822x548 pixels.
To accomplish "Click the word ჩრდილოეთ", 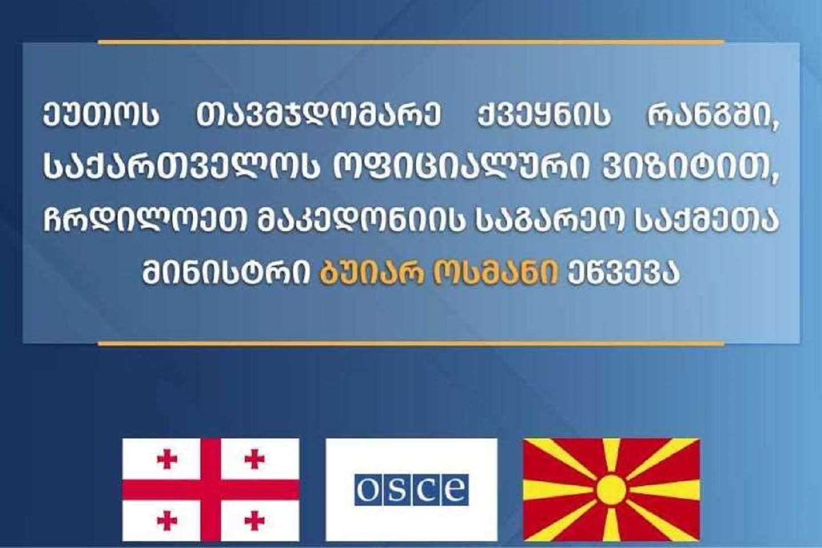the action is tap(144, 221).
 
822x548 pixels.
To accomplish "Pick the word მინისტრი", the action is tap(227, 273).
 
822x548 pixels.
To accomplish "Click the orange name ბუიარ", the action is tap(372, 273).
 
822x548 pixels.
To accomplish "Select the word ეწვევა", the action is tap(623, 273).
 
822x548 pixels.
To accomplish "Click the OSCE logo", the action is tap(412, 490).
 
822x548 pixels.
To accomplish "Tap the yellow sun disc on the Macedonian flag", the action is tap(611, 490).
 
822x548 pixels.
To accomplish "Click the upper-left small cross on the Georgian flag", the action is tap(167, 459).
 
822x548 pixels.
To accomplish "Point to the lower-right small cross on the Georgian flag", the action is tap(255, 521).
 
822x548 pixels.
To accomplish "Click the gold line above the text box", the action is tap(411, 42).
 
